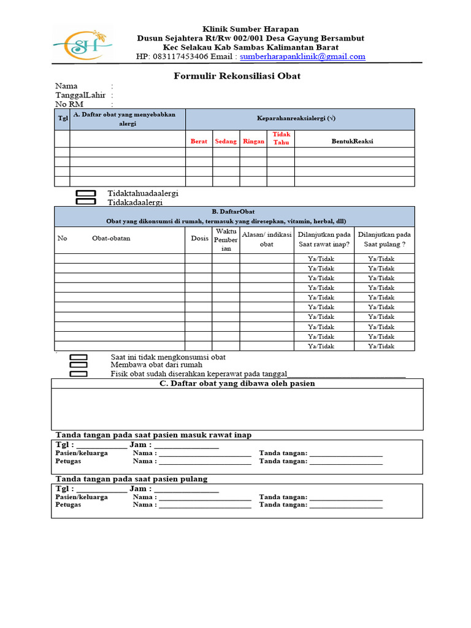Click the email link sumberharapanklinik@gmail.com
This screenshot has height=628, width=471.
pos(302,56)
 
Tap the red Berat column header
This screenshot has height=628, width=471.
pos(199,141)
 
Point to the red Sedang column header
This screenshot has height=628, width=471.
pos(226,141)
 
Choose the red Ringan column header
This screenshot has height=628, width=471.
pos(253,141)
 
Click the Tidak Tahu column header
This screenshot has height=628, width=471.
pos(281,138)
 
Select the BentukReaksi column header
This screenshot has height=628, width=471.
pos(352,141)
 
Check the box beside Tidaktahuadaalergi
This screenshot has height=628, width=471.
pos(86,194)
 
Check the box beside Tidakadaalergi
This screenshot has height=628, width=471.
pos(86,202)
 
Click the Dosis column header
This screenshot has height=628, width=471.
pos(199,239)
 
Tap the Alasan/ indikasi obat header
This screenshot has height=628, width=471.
pos(267,239)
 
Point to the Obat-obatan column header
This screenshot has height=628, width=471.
pos(111,239)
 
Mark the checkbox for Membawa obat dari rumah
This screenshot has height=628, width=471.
pos(78,365)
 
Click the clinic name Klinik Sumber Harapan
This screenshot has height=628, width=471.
pos(251,29)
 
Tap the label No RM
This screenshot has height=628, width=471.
pos(69,104)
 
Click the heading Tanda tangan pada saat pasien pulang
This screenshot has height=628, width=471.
pos(132,478)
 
